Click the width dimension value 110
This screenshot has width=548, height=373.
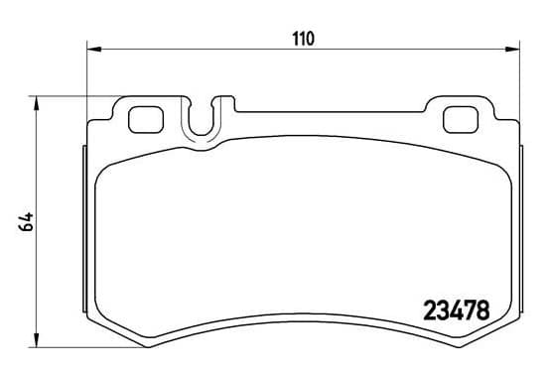[303, 39]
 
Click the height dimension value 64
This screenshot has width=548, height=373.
[27, 222]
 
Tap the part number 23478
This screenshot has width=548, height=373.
[457, 311]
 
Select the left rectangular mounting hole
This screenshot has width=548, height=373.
[146, 120]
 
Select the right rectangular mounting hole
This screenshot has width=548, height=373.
[461, 120]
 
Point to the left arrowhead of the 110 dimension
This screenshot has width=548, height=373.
[93, 50]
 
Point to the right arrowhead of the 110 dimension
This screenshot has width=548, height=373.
[512, 50]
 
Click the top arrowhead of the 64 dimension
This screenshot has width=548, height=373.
[36, 103]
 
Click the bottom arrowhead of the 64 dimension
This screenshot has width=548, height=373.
[36, 340]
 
